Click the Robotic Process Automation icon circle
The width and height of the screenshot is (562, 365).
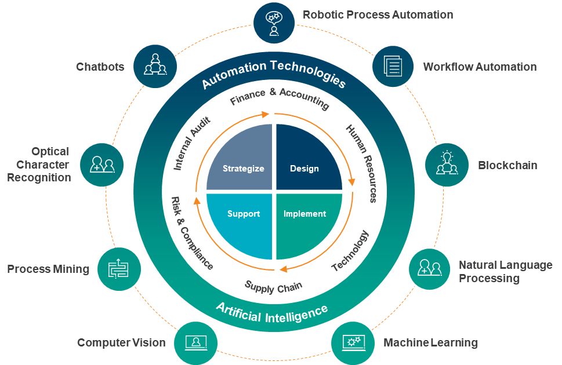click(x=274, y=23)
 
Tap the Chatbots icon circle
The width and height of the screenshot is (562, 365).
click(x=155, y=66)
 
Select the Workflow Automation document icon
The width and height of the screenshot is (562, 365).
click(x=393, y=66)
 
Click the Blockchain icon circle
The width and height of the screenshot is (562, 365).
click(x=447, y=165)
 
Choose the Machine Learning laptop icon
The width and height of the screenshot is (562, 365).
click(x=353, y=343)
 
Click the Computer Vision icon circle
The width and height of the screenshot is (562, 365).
click(x=195, y=343)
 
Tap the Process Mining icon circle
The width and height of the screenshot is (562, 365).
click(x=119, y=269)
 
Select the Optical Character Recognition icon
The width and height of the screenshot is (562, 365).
click(x=102, y=165)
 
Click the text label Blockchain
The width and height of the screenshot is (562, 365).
click(x=507, y=165)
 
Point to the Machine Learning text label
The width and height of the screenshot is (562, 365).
click(x=430, y=342)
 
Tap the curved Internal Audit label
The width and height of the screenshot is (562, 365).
click(x=191, y=143)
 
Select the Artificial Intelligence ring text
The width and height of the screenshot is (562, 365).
click(x=271, y=313)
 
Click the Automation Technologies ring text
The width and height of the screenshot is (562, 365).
click(x=274, y=73)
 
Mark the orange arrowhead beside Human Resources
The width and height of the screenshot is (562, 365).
click(x=351, y=181)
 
